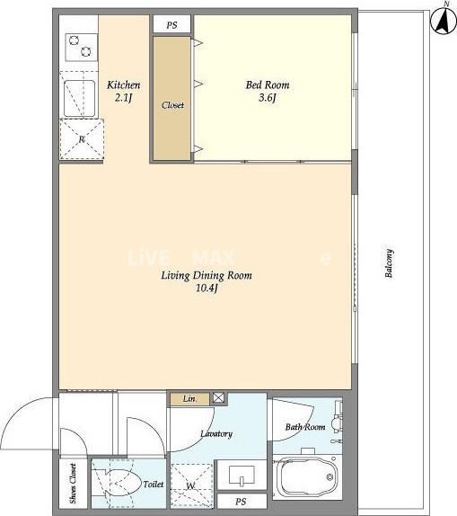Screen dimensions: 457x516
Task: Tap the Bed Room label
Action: click(268, 85)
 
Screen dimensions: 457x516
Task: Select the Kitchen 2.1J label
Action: click(124, 91)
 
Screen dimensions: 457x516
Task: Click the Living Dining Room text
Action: click(207, 275)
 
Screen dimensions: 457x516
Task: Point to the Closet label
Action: click(172, 105)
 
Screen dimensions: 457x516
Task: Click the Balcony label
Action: click(389, 263)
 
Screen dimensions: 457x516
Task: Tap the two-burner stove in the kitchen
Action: click(82, 47)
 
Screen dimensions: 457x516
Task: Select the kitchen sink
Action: click(79, 98)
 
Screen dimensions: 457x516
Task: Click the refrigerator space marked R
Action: click(82, 139)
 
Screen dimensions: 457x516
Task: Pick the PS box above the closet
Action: click(172, 24)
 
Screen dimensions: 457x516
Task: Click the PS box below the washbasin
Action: click(242, 502)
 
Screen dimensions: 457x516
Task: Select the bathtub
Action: click(307, 477)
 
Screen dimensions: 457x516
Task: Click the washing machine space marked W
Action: click(191, 485)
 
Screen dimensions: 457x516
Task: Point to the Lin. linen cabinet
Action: click(189, 399)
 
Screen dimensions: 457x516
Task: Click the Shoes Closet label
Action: click(73, 484)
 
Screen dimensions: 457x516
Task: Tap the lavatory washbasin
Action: click(242, 475)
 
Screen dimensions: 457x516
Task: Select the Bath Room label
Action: click(305, 427)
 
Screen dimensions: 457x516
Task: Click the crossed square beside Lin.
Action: click(218, 398)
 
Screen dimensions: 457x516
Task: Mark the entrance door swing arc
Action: click(19, 412)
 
